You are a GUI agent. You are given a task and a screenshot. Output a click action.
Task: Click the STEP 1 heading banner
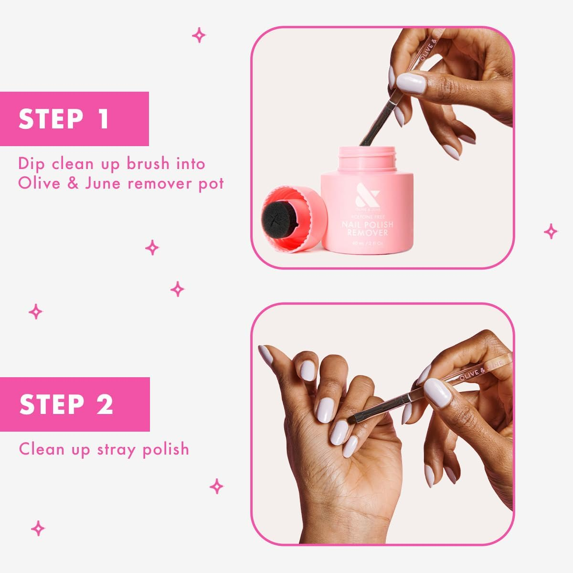point(74,119)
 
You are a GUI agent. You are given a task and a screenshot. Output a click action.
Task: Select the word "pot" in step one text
point(211,183)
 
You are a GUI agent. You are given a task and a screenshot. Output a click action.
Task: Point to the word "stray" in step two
point(117,449)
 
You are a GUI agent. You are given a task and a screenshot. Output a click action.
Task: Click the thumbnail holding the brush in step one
point(411,84)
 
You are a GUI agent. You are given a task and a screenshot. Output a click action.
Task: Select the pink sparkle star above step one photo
point(199,35)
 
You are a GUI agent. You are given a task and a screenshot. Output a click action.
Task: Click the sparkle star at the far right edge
point(551,232)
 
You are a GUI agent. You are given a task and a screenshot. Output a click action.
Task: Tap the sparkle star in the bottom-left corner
point(38,528)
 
